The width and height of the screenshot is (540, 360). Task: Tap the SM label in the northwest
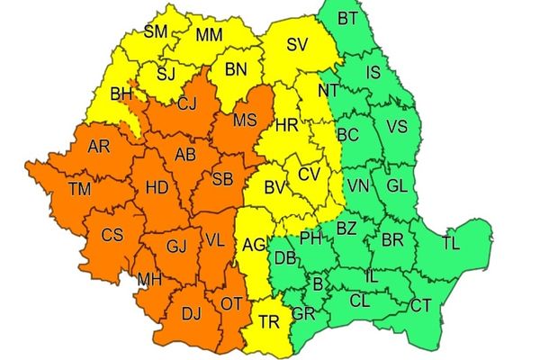pos(157,33)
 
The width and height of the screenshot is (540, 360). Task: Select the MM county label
pos(210,36)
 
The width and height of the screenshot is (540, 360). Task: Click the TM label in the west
pos(79,188)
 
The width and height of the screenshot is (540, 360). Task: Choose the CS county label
pos(112,236)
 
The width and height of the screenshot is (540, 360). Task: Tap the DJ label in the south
pos(191,313)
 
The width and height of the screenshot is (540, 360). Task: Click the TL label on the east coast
pos(450,243)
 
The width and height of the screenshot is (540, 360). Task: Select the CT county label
pos(420,306)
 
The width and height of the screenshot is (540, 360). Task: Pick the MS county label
pos(245,120)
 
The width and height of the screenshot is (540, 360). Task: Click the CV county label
pos(309,173)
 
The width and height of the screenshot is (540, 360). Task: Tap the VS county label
pos(397,127)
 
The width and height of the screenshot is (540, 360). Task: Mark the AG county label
pos(254,245)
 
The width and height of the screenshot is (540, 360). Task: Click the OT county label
pos(230,304)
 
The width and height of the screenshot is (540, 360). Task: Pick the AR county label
pos(99,146)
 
